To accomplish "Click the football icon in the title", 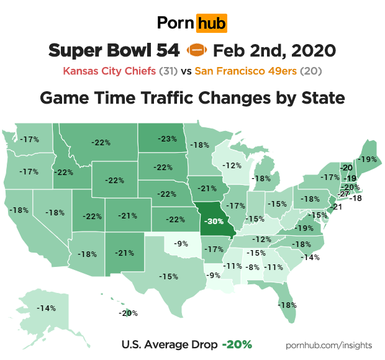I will click(195, 50).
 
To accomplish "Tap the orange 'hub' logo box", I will click(211, 24).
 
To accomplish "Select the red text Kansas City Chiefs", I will click(110, 70).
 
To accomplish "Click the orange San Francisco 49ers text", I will click(246, 70).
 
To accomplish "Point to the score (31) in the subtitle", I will click(168, 70).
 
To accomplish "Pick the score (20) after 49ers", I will click(310, 70).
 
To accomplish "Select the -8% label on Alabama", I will click(252, 267).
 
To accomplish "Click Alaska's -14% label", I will click(45, 308).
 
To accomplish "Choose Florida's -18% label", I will click(287, 305).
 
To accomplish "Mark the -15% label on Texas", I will click(168, 276).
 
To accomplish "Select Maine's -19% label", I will click(367, 159).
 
